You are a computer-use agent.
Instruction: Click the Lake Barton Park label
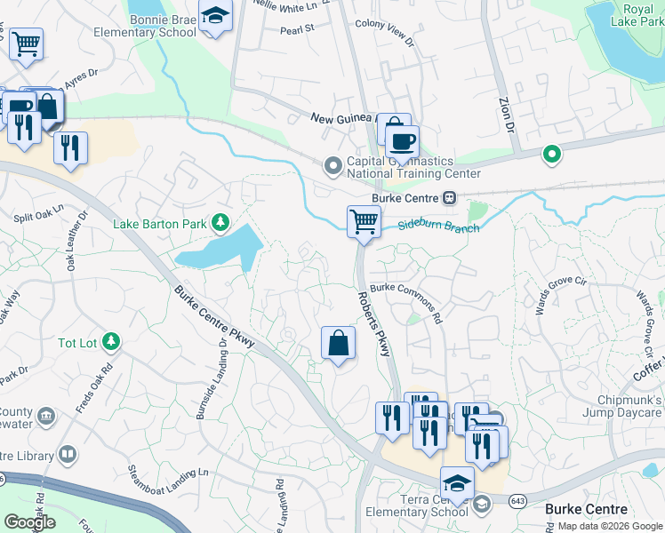pos(160,223)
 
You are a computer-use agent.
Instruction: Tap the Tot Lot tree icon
pos(111,341)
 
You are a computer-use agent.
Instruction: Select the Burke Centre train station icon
pos(451,198)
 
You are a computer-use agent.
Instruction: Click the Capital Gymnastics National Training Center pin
pos(333,166)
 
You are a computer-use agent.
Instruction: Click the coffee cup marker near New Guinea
pos(402,141)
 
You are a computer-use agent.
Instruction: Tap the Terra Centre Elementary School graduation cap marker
pos(457,483)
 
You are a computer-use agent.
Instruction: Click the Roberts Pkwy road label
pos(374,324)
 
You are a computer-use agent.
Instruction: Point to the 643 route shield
pos(518,501)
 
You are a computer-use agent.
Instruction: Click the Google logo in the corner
pos(29,521)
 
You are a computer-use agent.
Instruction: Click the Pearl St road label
pos(298,29)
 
